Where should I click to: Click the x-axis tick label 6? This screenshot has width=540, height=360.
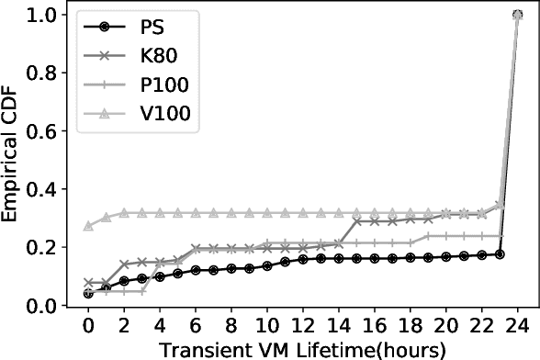coord(196,327)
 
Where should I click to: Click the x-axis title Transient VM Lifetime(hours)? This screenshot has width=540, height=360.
coord(302,349)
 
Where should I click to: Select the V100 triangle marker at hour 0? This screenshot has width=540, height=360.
coord(88,225)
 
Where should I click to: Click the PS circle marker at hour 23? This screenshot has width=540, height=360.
coord(500,253)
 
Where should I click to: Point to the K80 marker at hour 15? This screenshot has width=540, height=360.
coord(356,221)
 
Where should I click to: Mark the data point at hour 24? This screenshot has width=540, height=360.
coord(517,16)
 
